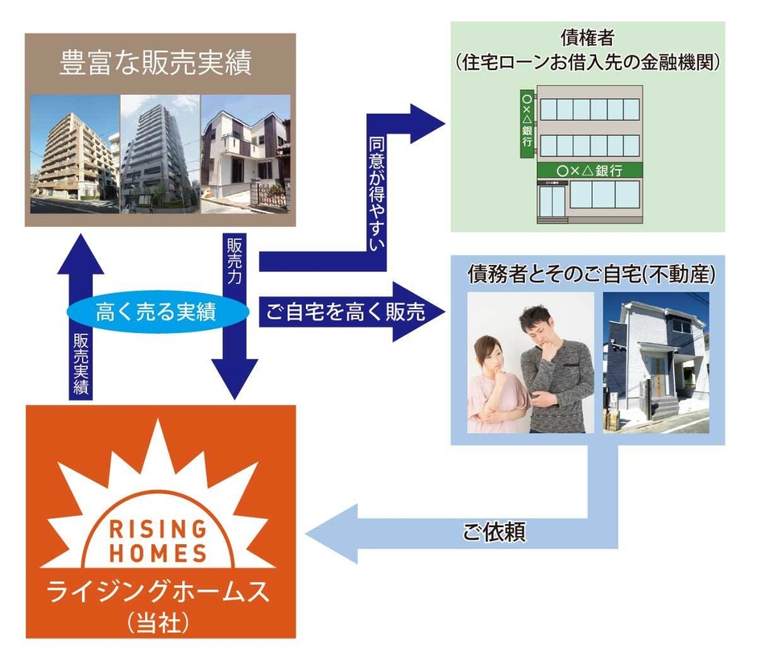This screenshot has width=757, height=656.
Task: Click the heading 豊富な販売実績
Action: click(x=155, y=64)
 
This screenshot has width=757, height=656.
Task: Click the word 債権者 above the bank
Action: click(x=587, y=38)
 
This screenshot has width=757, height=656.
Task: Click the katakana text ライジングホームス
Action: click(x=158, y=594)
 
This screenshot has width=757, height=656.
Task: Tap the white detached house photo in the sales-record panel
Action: click(x=245, y=155)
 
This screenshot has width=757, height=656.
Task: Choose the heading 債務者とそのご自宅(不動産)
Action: click(x=591, y=274)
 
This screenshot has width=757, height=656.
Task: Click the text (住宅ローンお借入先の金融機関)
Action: click(x=587, y=61)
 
